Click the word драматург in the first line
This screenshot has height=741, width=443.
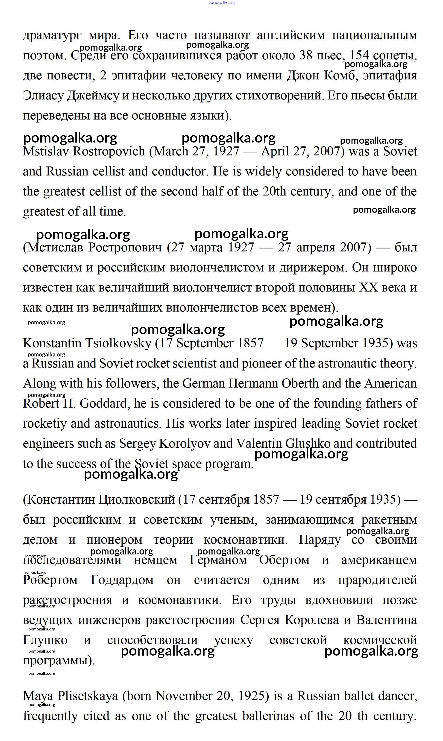tap(52, 36)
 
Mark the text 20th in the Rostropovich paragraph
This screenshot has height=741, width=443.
tap(274, 192)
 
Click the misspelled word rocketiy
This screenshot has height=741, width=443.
tap(45, 424)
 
